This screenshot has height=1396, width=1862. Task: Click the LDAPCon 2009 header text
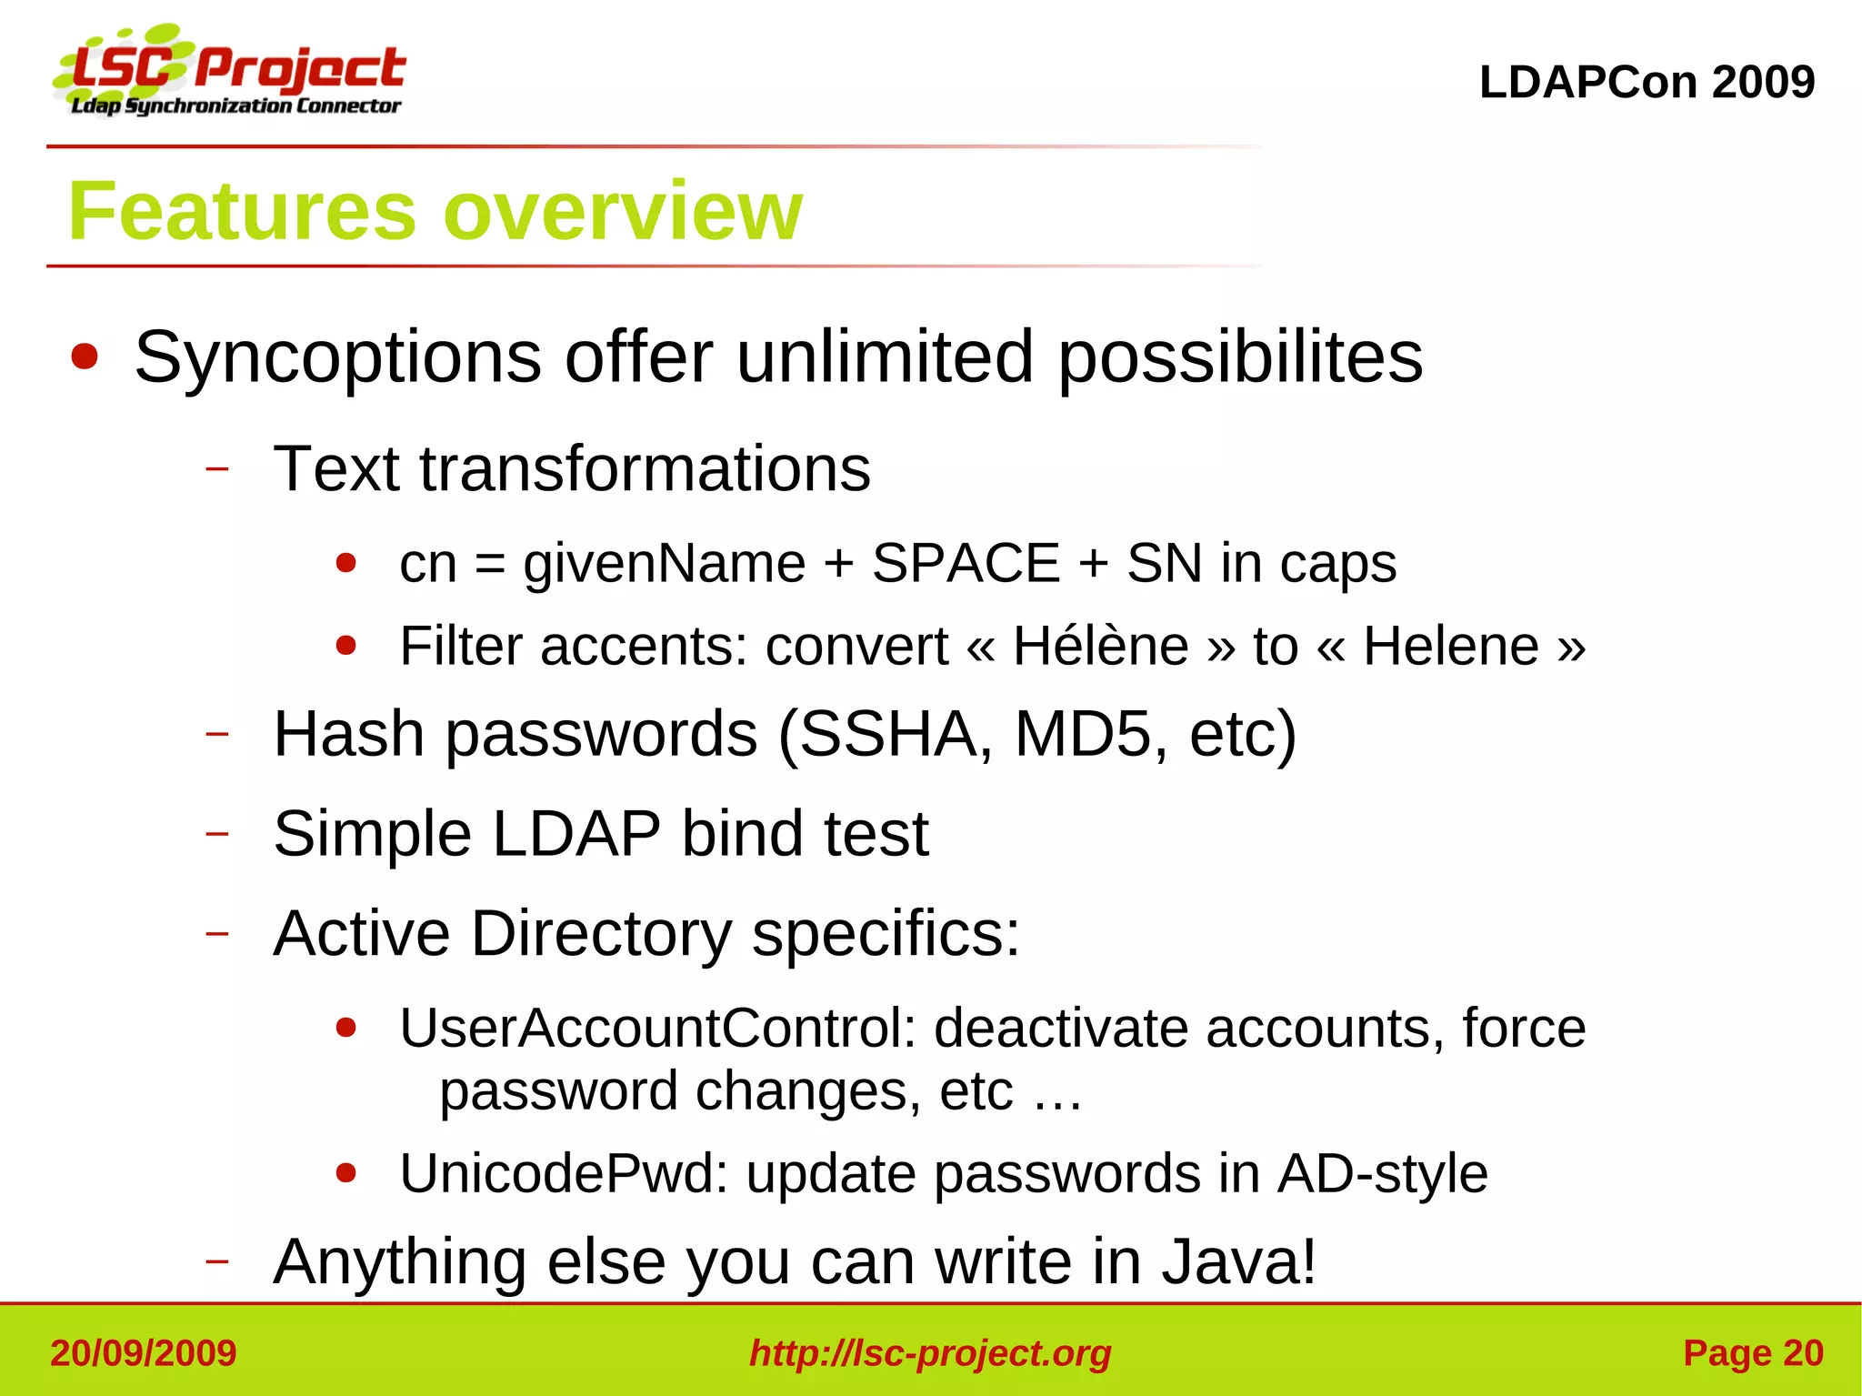coord(1647,82)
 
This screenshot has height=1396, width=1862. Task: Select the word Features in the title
coord(242,211)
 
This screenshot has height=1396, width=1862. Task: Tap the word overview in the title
coord(623,211)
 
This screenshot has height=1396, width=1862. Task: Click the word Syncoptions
coord(337,357)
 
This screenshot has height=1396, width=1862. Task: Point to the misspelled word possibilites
coord(1240,357)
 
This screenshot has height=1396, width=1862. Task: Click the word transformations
coord(645,468)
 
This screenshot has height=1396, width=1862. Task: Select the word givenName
coord(664,563)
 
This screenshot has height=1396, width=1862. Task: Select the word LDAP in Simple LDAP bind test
coord(576,833)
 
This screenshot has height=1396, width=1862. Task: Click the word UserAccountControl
coord(658,1028)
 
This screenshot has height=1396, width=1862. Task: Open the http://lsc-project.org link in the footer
coord(930,1353)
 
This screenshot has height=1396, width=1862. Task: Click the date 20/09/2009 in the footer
coord(144,1353)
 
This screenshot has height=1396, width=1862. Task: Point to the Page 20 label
coord(1753,1353)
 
